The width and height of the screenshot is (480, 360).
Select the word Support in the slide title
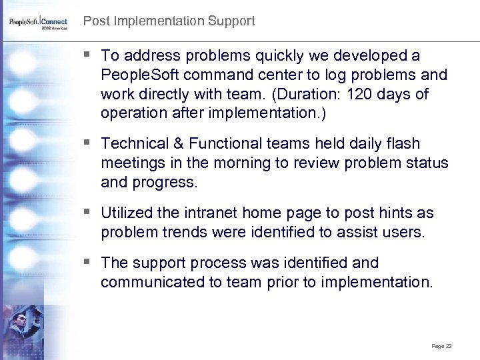(231, 21)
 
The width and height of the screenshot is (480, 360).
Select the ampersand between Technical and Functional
(179, 143)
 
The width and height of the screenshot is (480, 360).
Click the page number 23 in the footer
(448, 346)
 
